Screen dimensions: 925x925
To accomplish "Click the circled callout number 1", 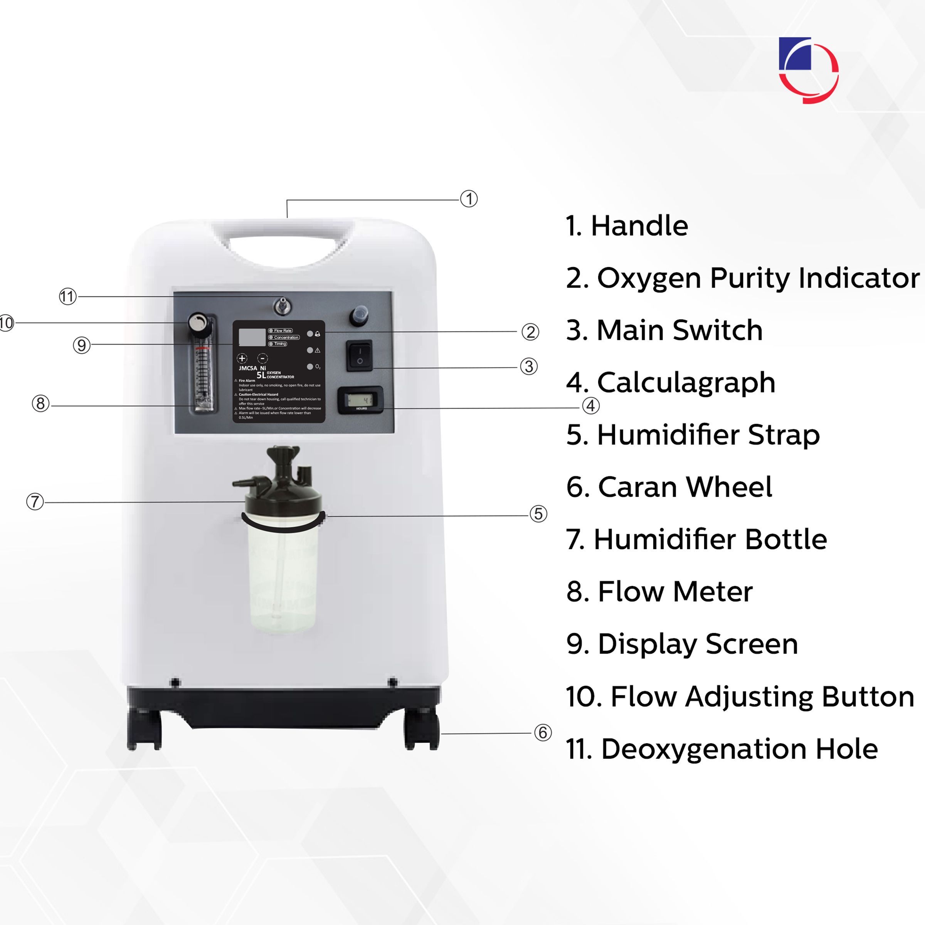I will (x=469, y=199).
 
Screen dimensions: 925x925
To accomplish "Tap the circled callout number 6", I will (x=542, y=733).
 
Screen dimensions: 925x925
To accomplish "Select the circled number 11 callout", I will (x=67, y=296).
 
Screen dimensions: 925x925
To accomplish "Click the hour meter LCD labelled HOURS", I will (x=360, y=400).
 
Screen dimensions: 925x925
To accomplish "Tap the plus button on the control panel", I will (x=242, y=358).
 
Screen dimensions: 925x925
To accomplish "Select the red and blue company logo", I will (x=808, y=70).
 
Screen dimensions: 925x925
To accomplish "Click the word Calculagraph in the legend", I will (x=686, y=383).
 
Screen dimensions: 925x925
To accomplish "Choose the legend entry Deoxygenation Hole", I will (x=739, y=749).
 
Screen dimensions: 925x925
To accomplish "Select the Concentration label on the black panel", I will (x=286, y=337).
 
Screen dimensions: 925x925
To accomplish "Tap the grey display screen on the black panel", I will (x=252, y=337).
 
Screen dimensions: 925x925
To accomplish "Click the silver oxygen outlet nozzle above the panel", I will (x=282, y=306).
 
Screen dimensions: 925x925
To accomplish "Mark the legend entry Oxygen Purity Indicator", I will (x=757, y=278).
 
